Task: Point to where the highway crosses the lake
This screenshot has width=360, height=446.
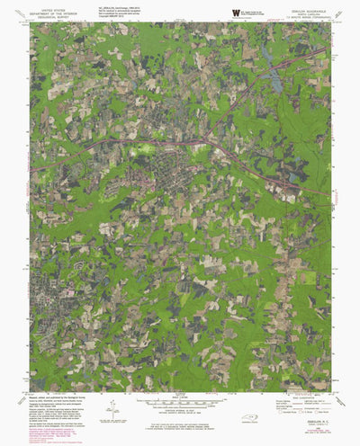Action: [x=270, y=69]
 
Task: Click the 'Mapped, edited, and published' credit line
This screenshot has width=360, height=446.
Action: [x=63, y=396]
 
